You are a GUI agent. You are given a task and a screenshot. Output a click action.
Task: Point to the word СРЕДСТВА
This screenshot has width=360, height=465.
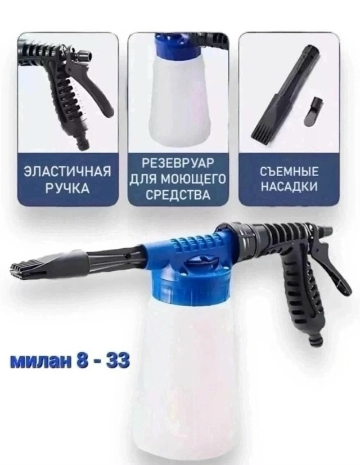(x=177, y=195)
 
